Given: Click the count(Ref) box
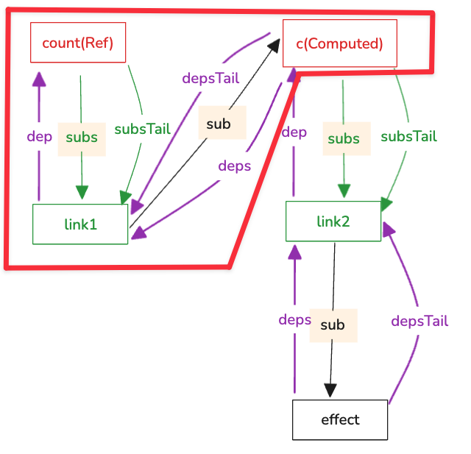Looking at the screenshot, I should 77,42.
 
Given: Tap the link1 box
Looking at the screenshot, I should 80,224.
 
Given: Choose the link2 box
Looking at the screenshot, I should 333,220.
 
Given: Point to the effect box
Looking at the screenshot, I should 340,419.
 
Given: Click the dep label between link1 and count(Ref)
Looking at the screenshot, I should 39,136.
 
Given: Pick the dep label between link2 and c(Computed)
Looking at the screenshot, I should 294,132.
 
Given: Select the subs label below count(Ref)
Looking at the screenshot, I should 82,138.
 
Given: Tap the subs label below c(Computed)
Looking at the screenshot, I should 344,138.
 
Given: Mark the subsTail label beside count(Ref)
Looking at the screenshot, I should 142,129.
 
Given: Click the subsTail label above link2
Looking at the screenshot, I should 408,136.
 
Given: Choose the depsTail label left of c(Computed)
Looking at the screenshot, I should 211,78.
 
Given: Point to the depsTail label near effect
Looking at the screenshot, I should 419,321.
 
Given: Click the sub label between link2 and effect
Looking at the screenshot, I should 333,324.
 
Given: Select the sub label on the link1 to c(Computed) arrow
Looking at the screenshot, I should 219,124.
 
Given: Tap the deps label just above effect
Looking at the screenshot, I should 294,319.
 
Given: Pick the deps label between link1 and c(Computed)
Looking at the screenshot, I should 235,166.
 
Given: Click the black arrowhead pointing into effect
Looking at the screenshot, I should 330,391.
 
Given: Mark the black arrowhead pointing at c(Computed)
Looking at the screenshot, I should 274,46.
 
